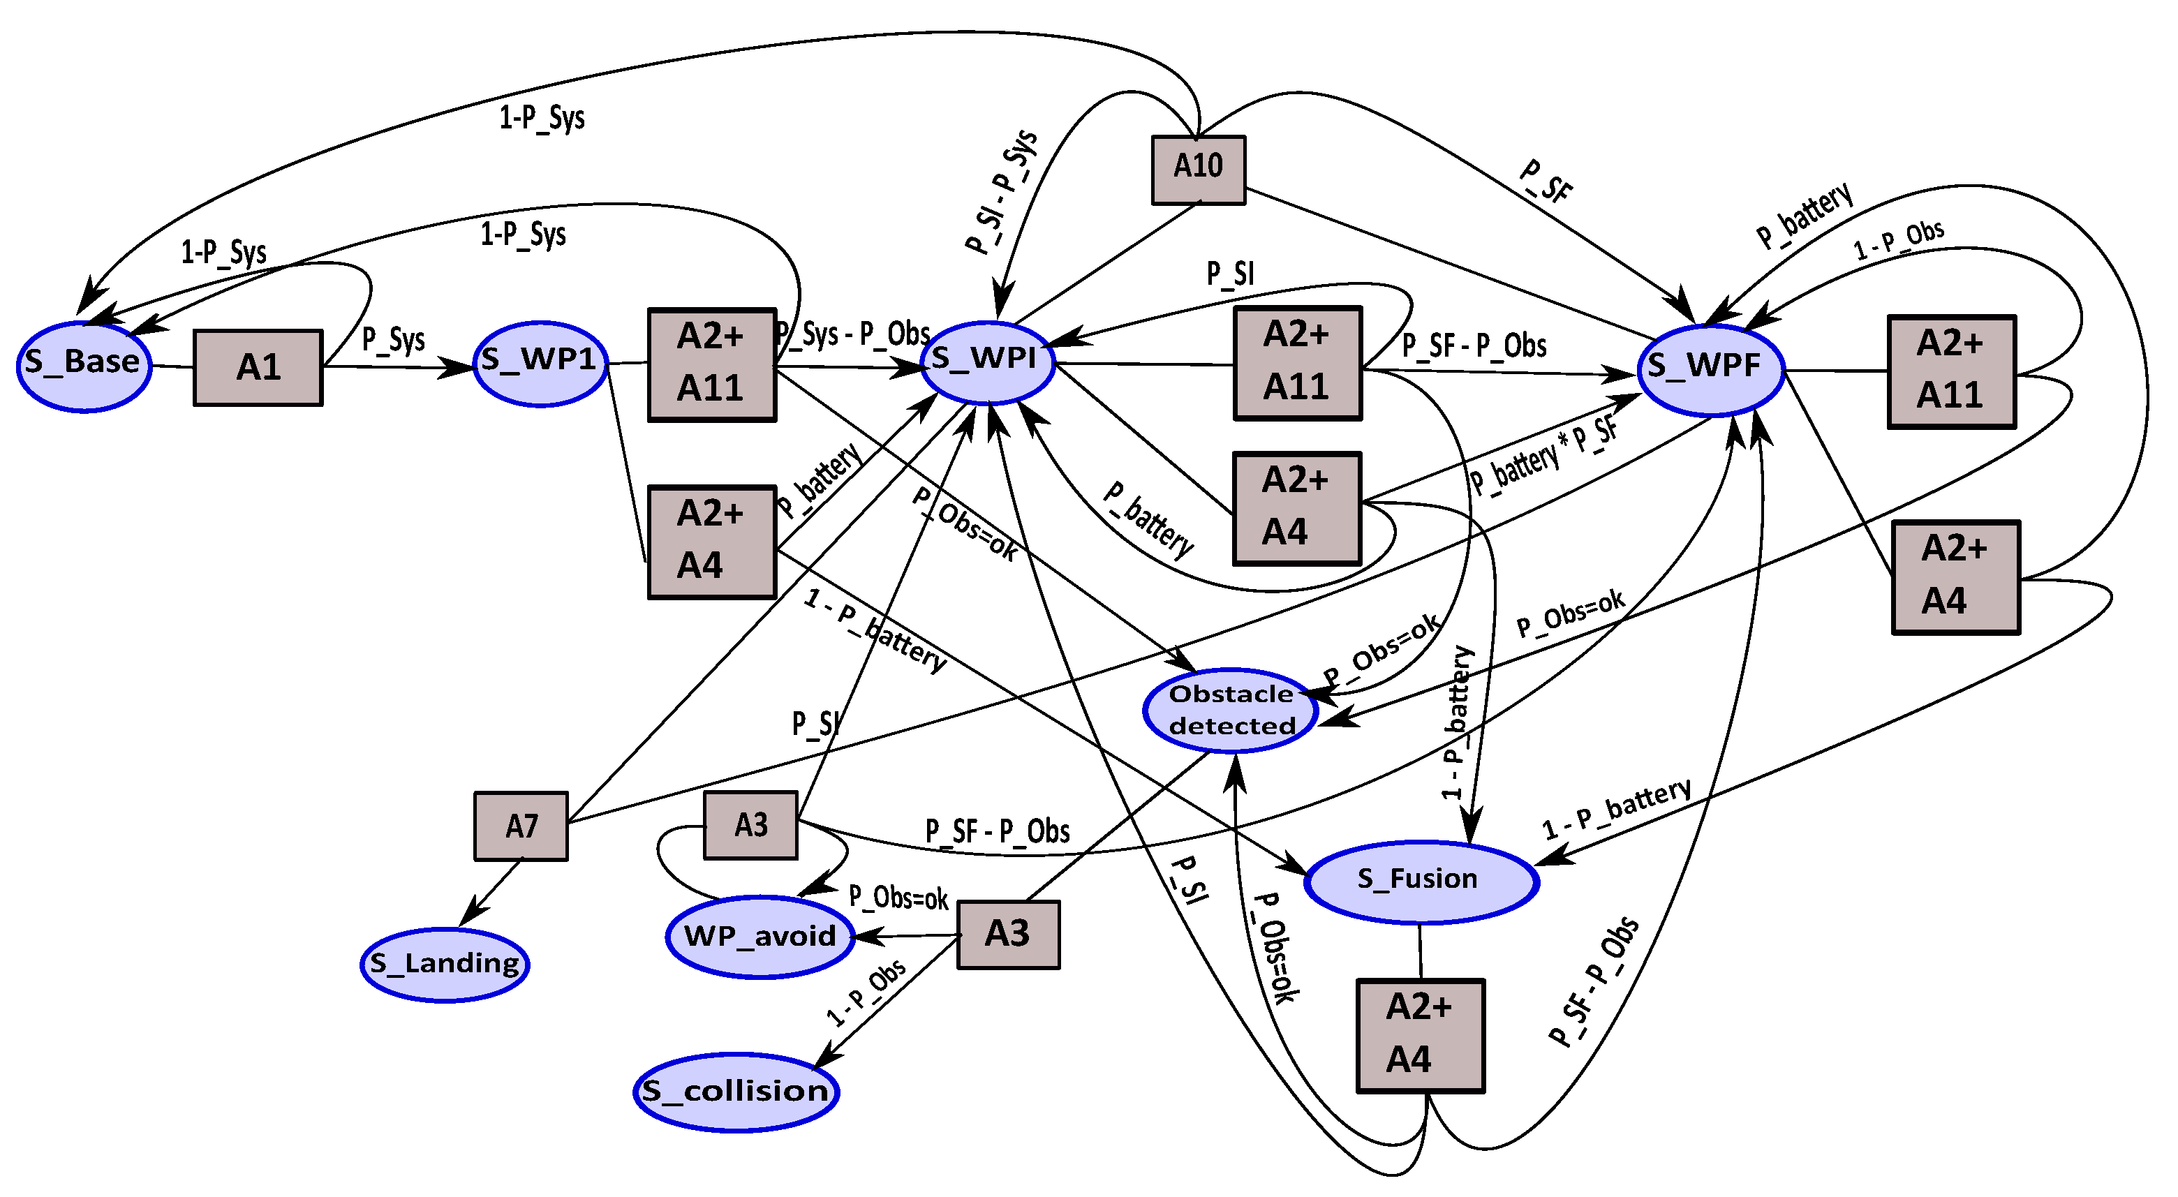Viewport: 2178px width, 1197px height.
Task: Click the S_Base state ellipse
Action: [84, 366]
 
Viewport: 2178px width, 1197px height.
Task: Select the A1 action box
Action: [258, 368]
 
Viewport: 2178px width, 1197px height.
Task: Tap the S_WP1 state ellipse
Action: [540, 363]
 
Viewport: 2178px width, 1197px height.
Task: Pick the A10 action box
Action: [1198, 169]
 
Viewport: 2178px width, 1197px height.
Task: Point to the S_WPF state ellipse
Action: [1710, 369]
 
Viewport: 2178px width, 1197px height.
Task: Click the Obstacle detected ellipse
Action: [1231, 710]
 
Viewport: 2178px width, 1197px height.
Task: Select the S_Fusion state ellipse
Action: [1421, 882]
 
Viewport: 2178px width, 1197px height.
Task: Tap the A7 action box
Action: [521, 826]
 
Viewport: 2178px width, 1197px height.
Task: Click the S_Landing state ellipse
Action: [445, 965]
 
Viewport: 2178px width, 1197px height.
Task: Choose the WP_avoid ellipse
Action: [760, 937]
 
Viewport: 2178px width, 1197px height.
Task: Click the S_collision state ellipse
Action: [736, 1092]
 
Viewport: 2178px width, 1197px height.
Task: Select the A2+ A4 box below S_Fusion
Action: [1420, 1036]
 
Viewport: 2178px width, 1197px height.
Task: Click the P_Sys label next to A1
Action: [393, 340]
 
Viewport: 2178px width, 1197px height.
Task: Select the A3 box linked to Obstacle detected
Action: [1008, 934]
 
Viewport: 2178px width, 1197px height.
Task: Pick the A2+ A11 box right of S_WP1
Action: [712, 364]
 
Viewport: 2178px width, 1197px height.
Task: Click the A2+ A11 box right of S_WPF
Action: [1951, 372]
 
